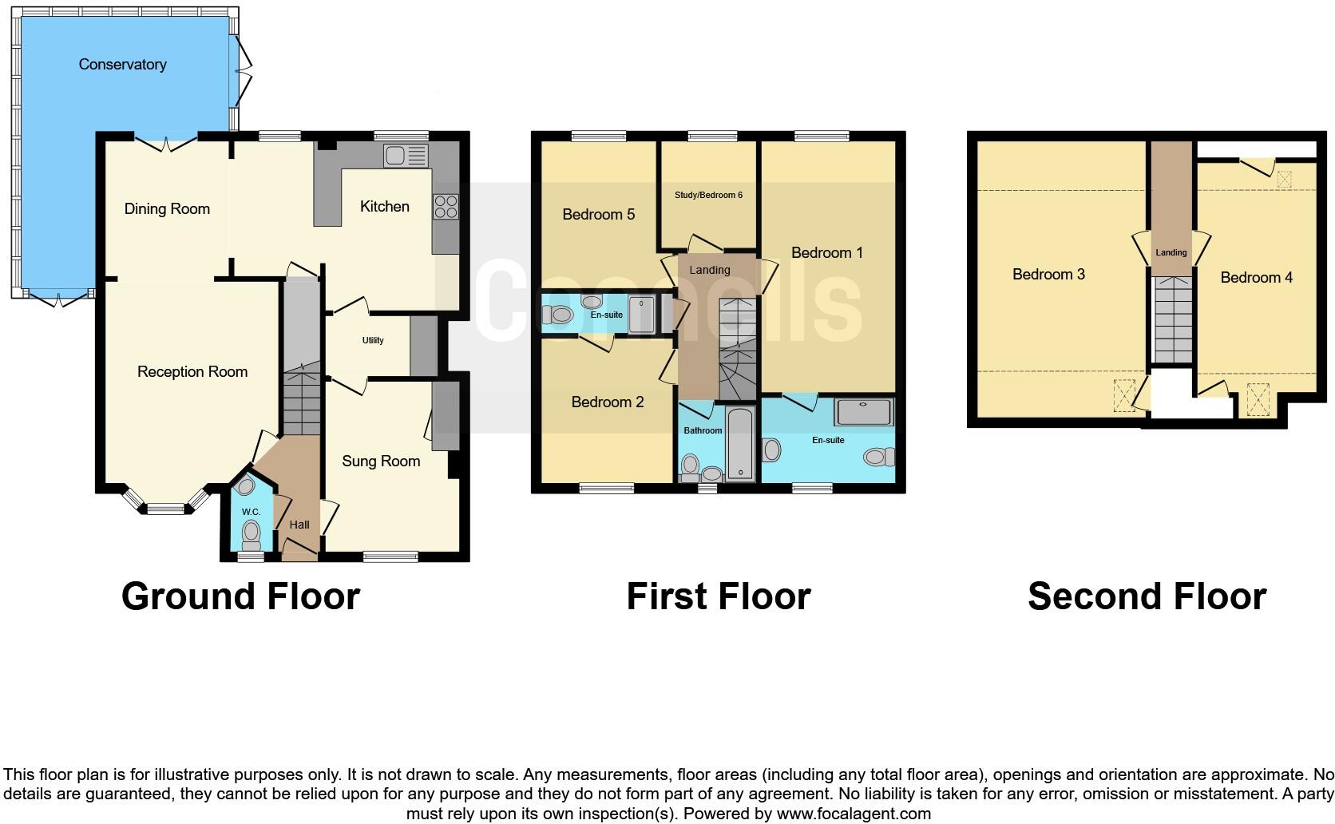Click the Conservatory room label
[x=122, y=65]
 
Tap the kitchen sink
[x=406, y=155]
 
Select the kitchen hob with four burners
[x=446, y=207]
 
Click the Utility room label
[x=373, y=340]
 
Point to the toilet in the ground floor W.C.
[x=252, y=533]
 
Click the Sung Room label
[x=381, y=461]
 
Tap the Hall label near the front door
[x=299, y=525]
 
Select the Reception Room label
[x=192, y=371]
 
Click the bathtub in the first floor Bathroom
[x=741, y=444]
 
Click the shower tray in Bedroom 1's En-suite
[x=864, y=412]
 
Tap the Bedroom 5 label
[x=598, y=214]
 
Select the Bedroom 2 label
[x=608, y=402]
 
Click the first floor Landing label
[x=710, y=270]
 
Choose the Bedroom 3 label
[x=1048, y=274]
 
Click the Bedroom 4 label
[x=1256, y=277]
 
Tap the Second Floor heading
[x=1147, y=596]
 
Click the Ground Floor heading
[x=240, y=596]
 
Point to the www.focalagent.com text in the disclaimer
[x=853, y=814]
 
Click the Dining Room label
[x=167, y=208]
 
